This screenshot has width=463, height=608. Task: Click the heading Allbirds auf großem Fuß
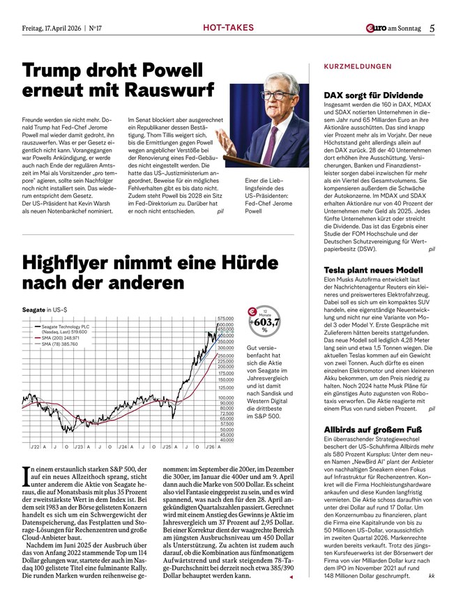(371, 431)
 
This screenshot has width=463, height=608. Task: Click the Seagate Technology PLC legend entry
(66, 326)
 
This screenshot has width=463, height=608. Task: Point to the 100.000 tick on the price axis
(225, 398)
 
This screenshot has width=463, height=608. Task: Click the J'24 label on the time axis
(123, 446)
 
